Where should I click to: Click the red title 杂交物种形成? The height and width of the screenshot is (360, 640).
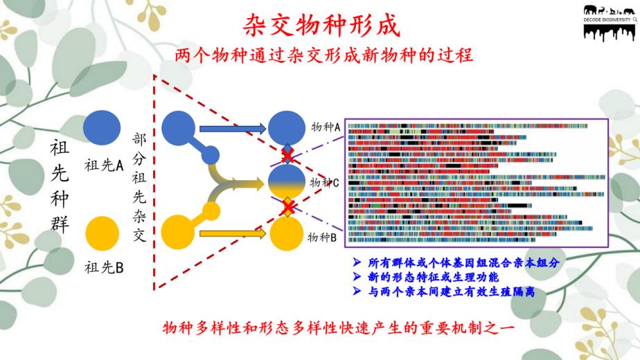[x=321, y=26]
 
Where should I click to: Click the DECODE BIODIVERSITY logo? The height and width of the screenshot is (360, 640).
[x=610, y=23]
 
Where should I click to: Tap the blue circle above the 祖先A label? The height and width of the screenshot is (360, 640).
[x=102, y=128]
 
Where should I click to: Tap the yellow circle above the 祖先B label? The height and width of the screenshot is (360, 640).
[x=102, y=233]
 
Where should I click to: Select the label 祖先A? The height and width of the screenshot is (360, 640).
[x=104, y=165]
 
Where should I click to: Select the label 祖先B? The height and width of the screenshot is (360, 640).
[x=104, y=268]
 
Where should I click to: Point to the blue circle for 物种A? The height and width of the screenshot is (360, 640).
[x=287, y=128]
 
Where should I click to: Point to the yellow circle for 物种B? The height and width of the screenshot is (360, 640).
[x=287, y=233]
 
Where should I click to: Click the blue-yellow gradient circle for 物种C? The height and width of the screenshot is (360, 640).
[x=287, y=181]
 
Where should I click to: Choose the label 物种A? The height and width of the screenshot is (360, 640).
[x=326, y=127]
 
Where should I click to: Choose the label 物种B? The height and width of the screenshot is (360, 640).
[x=322, y=237]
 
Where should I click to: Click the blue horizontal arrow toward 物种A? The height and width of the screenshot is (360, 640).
[x=233, y=129]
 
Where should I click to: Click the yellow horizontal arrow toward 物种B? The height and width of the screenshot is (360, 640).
[x=233, y=233]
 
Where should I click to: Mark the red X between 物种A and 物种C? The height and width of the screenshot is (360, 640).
[x=287, y=155]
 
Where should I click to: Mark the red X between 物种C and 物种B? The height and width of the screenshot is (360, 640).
[x=288, y=208]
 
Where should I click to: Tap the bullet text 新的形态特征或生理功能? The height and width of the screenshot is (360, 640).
[x=433, y=277]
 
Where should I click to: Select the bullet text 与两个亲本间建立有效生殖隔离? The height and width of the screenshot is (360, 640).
[x=451, y=292]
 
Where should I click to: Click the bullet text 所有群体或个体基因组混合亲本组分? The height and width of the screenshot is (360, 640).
[x=463, y=262]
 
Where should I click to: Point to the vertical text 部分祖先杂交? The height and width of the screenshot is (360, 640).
[x=139, y=187]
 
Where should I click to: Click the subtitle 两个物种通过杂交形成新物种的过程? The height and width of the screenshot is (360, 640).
[x=323, y=55]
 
